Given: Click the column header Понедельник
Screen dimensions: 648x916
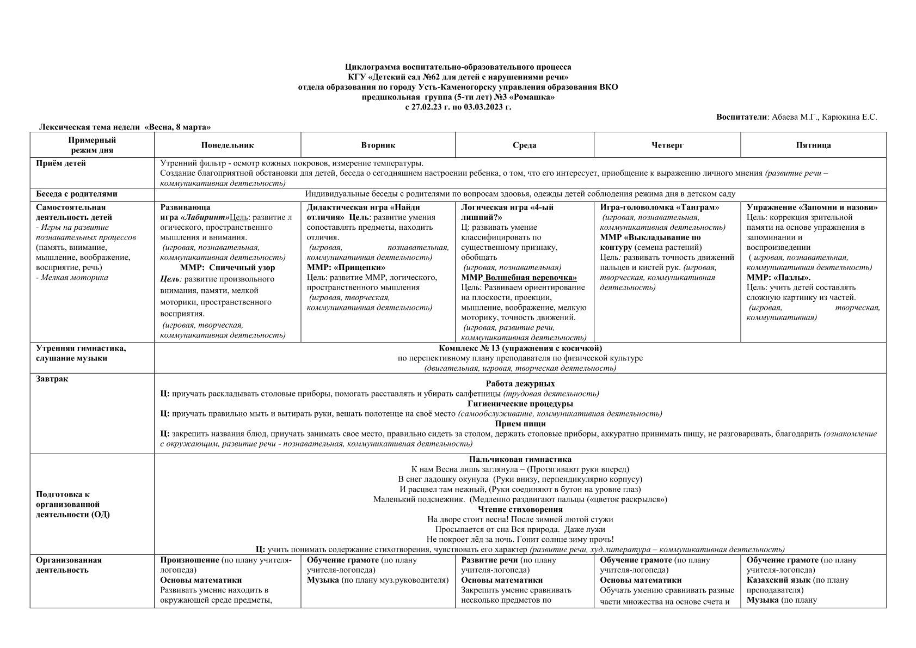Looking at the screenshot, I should (227, 145).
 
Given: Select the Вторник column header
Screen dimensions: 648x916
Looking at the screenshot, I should (378, 145).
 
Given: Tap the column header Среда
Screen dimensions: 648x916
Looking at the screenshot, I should (524, 145).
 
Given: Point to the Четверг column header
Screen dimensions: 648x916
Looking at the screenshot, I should (667, 145).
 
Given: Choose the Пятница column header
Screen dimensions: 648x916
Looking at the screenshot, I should (813, 145).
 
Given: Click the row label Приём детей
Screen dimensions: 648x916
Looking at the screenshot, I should (61, 163).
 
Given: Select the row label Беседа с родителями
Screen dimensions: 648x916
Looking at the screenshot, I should (77, 194).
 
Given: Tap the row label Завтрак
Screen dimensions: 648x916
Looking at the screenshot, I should (52, 378).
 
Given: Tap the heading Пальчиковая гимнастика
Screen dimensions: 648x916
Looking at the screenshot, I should (520, 459).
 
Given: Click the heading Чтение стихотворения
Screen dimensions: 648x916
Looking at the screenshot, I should (520, 509).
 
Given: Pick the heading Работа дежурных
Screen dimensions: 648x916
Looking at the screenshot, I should (520, 383).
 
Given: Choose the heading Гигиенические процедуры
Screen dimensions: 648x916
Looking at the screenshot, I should (520, 404).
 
